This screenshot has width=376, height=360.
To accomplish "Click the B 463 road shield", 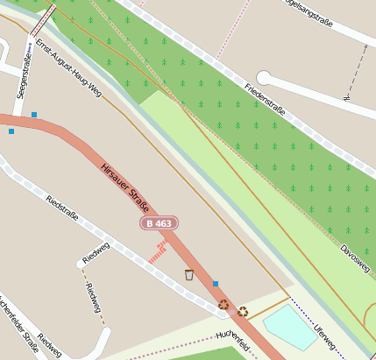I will click(160, 224).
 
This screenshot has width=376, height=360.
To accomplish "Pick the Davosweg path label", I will click(355, 255).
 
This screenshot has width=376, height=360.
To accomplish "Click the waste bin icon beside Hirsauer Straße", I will click(189, 275).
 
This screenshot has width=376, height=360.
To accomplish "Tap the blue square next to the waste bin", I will click(216, 284).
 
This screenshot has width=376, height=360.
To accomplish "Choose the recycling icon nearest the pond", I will click(243, 311).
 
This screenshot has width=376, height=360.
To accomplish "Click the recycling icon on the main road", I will click(223, 304).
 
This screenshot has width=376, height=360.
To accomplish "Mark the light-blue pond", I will click(290, 326).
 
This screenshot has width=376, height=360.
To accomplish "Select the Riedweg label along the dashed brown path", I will click(89, 298).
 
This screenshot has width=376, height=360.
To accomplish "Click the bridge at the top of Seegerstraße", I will click(43, 17).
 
